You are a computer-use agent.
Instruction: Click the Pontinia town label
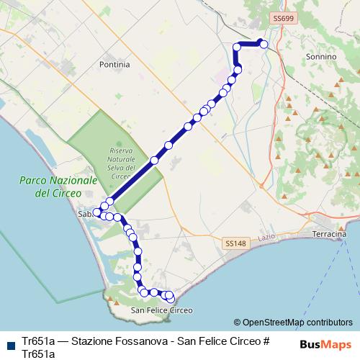[x=114, y=64]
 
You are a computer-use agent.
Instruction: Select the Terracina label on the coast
[x=330, y=235]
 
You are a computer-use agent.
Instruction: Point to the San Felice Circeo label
[x=162, y=310]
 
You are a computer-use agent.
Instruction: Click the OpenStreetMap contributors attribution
[x=293, y=323]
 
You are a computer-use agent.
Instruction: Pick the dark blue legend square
[x=10, y=345]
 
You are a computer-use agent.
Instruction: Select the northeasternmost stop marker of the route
[x=264, y=45]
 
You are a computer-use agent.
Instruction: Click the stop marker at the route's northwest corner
[x=237, y=47]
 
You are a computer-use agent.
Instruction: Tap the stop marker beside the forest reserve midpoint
[x=154, y=160]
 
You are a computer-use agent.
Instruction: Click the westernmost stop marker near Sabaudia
[x=96, y=213]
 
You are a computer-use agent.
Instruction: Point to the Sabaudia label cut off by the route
[x=84, y=215]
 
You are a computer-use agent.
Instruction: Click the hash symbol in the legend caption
[x=266, y=341]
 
